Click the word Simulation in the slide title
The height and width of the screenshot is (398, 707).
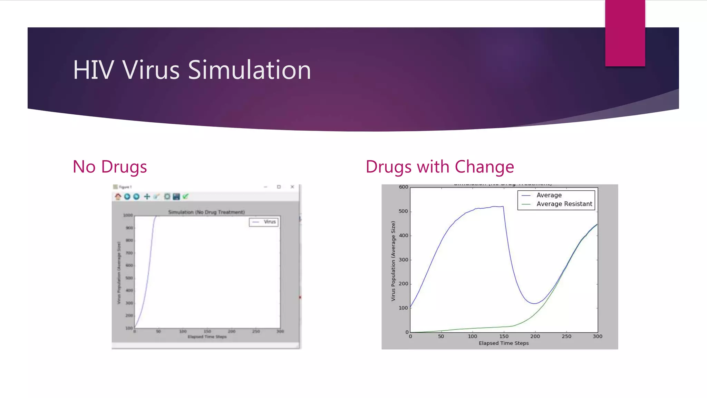[249, 70]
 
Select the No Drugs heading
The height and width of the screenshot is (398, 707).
[110, 167]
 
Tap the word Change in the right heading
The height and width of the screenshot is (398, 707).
[484, 167]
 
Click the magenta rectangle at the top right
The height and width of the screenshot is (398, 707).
[625, 33]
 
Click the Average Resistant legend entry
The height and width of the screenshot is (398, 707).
[564, 204]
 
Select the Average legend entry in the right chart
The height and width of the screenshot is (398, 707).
[549, 195]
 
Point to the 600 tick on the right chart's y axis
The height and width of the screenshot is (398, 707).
[403, 187]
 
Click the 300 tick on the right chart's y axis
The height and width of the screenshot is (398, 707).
[403, 260]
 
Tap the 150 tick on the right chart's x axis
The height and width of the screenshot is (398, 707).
[504, 336]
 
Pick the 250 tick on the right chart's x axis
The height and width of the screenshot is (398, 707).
[566, 336]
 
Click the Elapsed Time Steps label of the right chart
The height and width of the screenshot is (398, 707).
[504, 343]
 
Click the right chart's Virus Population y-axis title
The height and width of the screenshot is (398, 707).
[393, 261]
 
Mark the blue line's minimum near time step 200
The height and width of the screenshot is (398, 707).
[534, 303]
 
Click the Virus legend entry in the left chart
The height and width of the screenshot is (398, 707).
[269, 222]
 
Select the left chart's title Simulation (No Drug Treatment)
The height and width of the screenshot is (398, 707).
[206, 212]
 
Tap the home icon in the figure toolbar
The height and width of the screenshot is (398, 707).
[118, 197]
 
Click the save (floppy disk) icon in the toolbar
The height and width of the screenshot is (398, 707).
[176, 197]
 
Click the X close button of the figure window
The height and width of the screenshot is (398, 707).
[292, 187]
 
